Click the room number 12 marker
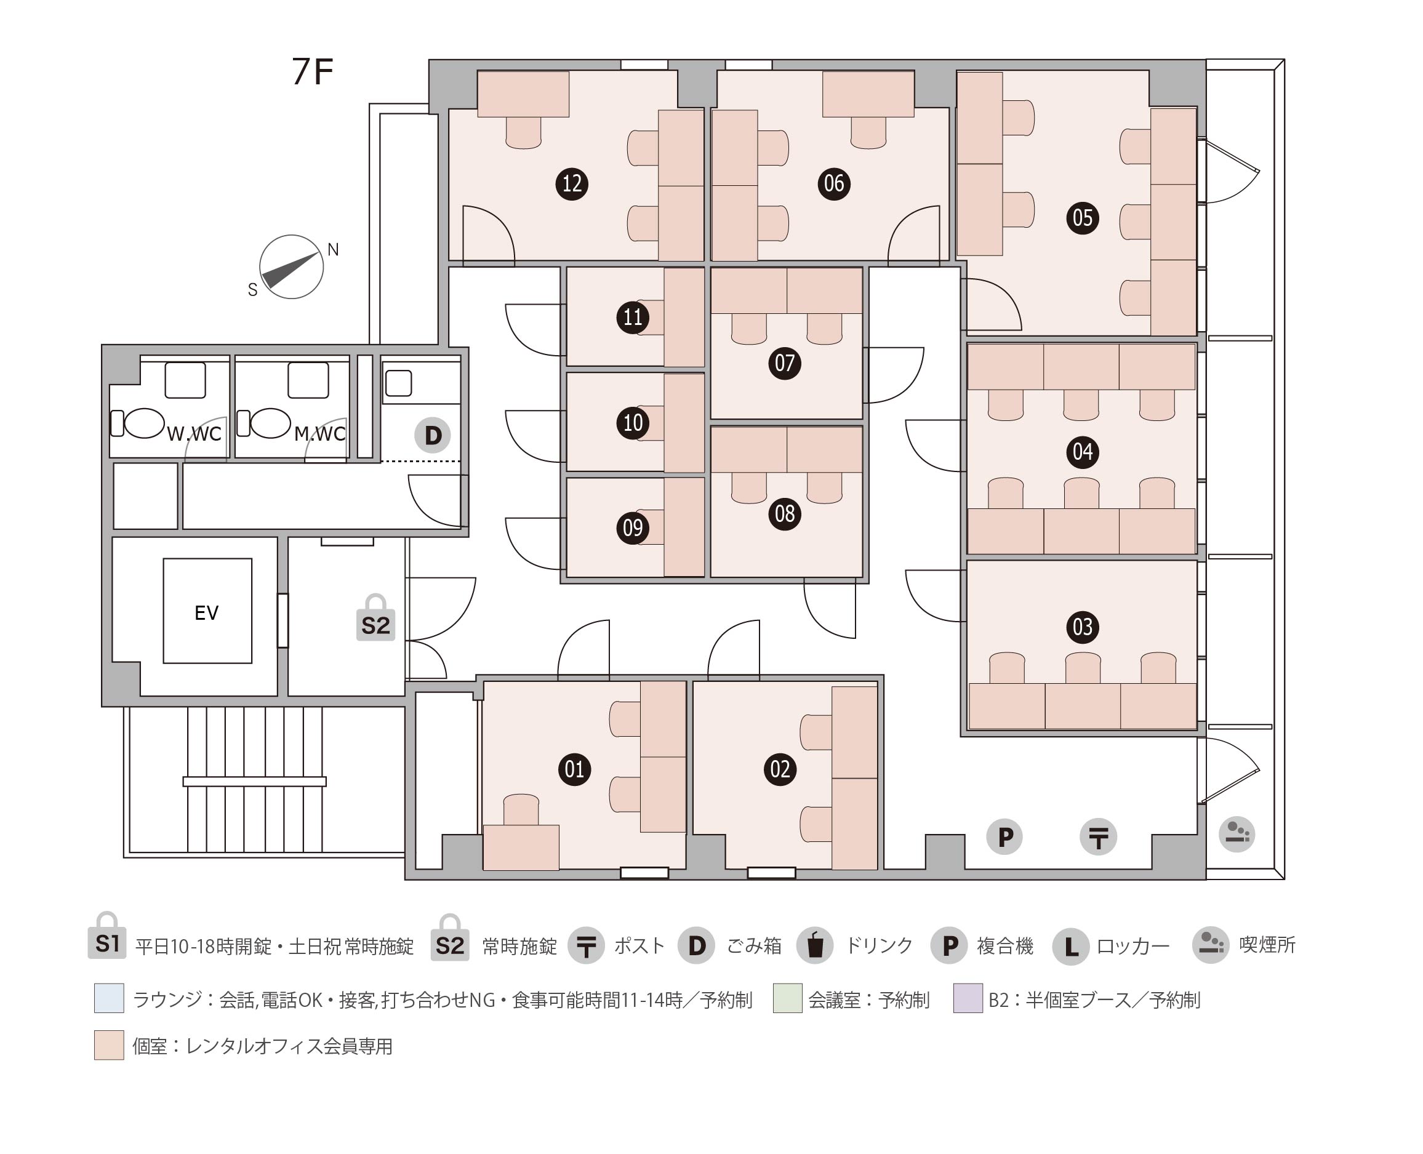572,183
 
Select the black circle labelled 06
833,183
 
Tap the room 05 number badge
1082,218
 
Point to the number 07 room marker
784,363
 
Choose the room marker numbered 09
633,528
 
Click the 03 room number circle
1082,627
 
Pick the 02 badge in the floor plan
780,769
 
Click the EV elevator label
206,613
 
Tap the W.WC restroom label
193,434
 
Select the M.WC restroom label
319,434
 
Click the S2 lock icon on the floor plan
375,617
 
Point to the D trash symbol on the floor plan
433,435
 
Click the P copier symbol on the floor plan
1004,836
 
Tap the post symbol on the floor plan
1098,836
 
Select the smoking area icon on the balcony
1237,833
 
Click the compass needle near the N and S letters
290,269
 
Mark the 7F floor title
313,72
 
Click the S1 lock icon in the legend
107,936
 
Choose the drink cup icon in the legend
815,945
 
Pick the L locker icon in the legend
1071,947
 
